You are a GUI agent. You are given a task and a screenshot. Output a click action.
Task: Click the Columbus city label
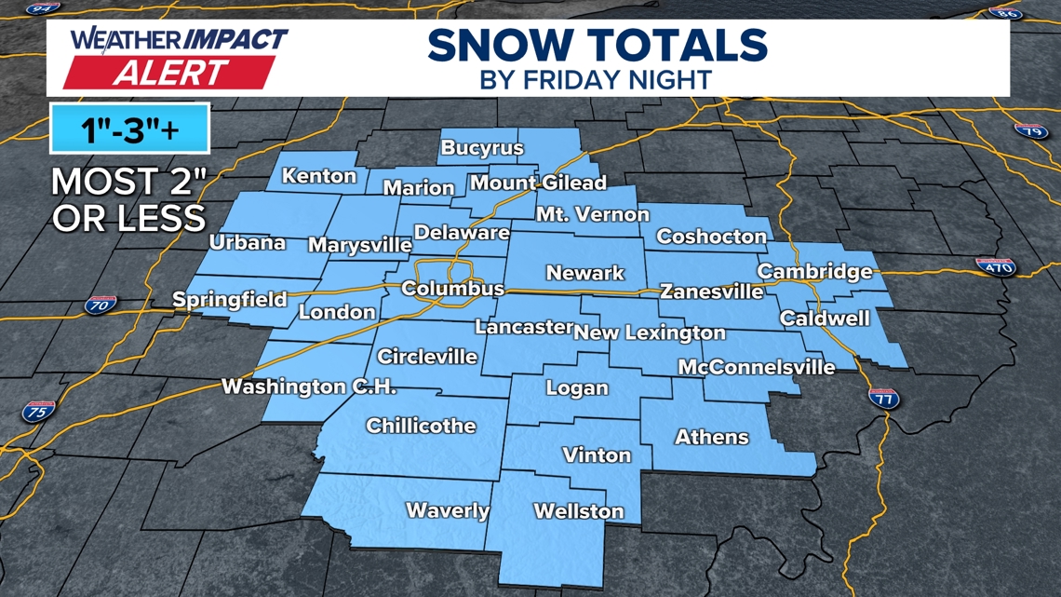pos(452,289)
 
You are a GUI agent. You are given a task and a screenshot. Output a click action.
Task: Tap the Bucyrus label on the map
pos(482,148)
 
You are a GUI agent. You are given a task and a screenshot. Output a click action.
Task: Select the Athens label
pos(711,436)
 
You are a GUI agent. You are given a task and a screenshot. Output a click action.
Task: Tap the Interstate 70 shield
pos(99,304)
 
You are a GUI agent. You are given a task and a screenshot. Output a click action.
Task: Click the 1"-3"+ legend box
pos(130,130)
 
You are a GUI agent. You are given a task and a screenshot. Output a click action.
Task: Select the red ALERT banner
pos(169,72)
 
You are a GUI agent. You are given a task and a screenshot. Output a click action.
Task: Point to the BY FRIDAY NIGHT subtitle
pos(596,79)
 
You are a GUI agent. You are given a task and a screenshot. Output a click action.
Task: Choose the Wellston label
pos(578,511)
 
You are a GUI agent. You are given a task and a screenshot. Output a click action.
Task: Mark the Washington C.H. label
pos(309,387)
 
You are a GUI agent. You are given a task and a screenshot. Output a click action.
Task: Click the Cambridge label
pos(814,272)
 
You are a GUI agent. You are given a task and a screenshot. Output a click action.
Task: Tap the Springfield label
pos(229,301)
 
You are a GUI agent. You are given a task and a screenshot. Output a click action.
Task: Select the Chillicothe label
pos(421,427)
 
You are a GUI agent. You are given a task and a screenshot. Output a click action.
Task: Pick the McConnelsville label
pos(756,367)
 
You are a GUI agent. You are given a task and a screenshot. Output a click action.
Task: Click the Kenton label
pos(319,176)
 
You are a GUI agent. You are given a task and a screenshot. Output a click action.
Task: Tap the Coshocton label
pos(711,237)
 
